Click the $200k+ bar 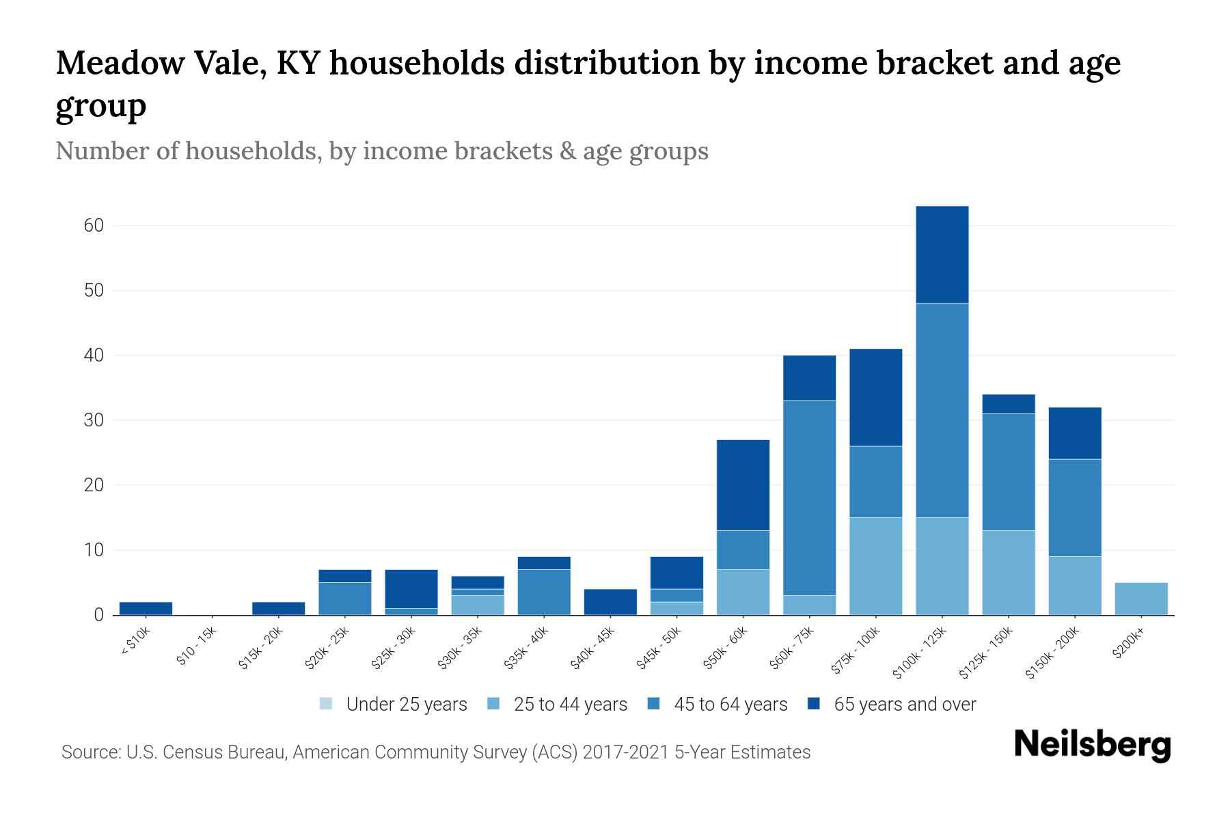(1140, 599)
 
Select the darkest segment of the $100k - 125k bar (942, 254)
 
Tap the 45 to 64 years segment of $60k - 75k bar (809, 497)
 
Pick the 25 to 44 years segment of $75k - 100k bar (875, 566)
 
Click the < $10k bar (146, 608)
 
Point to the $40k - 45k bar (610, 601)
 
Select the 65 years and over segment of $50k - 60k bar (743, 484)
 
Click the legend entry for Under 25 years (406, 705)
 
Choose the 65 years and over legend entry (904, 705)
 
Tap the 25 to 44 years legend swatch (494, 704)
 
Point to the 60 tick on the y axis (94, 225)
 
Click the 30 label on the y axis (94, 420)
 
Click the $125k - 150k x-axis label (985, 653)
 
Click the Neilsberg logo (1092, 745)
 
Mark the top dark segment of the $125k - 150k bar (1008, 404)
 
